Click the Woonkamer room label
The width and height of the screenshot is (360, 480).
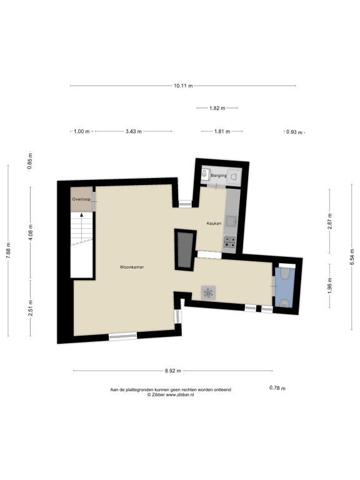click(x=132, y=267)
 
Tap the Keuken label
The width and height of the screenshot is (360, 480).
click(x=214, y=224)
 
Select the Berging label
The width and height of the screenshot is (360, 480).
click(x=219, y=176)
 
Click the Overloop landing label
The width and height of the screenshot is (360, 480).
click(x=81, y=199)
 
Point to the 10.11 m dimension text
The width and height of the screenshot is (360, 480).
click(x=183, y=86)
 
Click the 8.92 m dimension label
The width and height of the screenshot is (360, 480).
click(x=173, y=371)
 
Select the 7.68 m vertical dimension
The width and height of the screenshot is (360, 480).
click(x=9, y=251)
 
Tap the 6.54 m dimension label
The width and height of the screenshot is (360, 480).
click(x=352, y=256)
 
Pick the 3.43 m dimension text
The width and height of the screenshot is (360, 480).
click(x=134, y=131)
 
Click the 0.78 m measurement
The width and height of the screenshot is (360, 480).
click(x=277, y=388)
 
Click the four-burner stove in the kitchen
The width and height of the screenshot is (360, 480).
click(x=229, y=241)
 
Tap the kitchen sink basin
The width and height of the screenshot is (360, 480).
click(x=231, y=221)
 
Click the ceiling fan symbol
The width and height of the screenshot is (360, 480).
click(x=208, y=293)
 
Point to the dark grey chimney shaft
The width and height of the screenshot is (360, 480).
click(x=184, y=249)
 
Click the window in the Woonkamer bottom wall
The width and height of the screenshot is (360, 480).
click(x=122, y=336)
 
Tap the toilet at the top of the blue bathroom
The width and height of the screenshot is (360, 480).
click(x=285, y=273)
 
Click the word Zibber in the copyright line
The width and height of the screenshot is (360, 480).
click(x=158, y=395)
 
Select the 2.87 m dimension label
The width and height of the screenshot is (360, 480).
click(x=329, y=221)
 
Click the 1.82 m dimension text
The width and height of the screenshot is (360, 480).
click(x=217, y=108)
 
